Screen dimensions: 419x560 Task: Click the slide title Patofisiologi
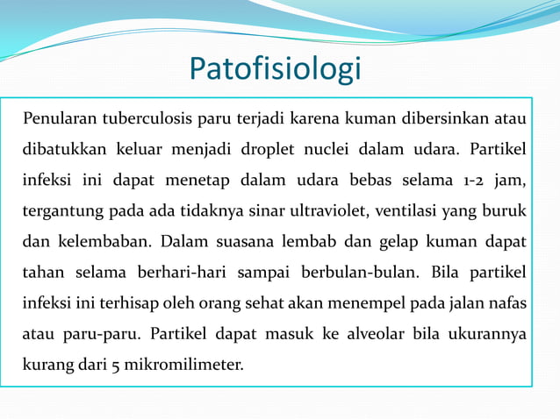click(275, 68)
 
